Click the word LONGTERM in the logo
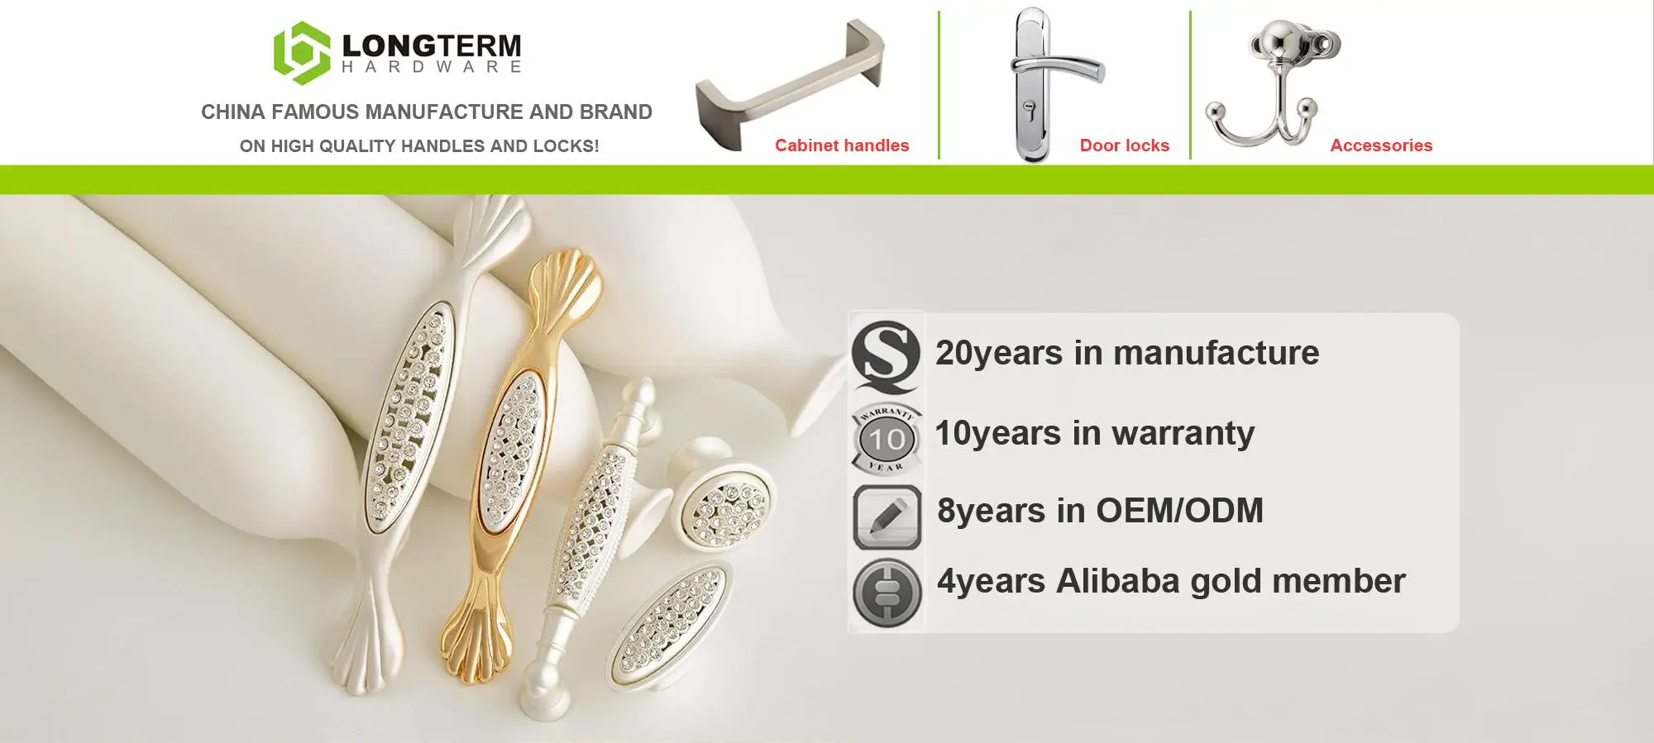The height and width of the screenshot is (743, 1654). click(x=431, y=45)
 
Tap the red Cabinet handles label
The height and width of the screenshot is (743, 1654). click(x=842, y=145)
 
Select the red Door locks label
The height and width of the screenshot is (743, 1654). click(x=1125, y=145)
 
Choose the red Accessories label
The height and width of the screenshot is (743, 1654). click(x=1381, y=145)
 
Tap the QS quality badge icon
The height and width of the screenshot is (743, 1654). click(x=886, y=355)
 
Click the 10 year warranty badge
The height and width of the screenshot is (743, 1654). click(x=886, y=439)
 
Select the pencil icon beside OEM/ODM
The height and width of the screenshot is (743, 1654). click(x=887, y=517)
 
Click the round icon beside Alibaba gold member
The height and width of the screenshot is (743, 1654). click(x=887, y=592)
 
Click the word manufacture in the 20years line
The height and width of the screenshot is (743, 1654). click(x=1216, y=353)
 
